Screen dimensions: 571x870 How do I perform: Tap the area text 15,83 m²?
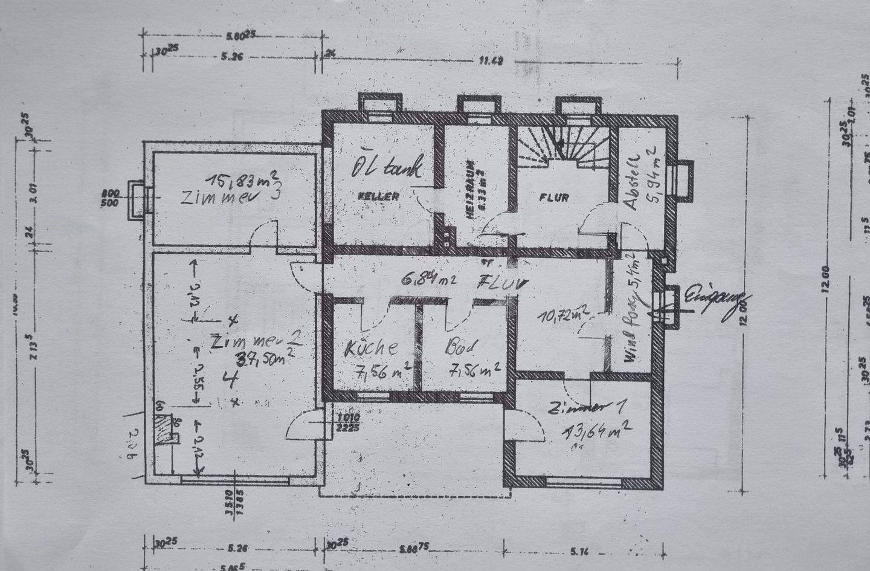[242, 179]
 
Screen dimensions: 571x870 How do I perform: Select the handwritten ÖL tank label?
[387, 166]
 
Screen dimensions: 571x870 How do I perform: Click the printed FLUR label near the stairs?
[554, 197]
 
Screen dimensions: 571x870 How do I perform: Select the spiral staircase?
[563, 145]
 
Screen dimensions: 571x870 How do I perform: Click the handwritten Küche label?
[370, 349]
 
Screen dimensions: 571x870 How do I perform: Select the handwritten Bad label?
[462, 348]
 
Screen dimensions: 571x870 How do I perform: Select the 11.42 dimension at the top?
[491, 60]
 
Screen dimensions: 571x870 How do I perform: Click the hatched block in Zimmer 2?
[162, 430]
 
